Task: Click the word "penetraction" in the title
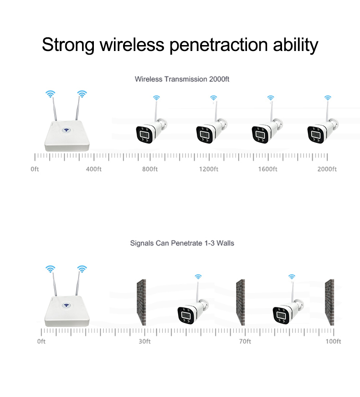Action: (x=218, y=45)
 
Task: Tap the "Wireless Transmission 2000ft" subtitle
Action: (x=182, y=79)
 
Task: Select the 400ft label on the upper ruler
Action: (x=93, y=169)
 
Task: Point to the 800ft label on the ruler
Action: (x=150, y=169)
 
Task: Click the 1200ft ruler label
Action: (x=209, y=169)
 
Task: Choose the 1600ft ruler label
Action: (x=267, y=169)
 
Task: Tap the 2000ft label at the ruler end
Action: (x=327, y=169)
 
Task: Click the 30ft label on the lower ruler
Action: (x=144, y=341)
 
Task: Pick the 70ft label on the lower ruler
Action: (x=245, y=341)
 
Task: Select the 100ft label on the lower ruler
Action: (x=333, y=341)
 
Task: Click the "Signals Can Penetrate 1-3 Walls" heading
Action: (x=182, y=243)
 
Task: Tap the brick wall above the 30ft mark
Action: (x=141, y=302)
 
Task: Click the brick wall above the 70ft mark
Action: (x=241, y=302)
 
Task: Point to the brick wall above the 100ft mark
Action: (x=329, y=302)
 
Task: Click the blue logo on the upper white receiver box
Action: (x=67, y=130)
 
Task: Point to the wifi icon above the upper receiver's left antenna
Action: (x=51, y=94)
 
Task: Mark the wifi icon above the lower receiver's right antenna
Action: (x=82, y=269)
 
